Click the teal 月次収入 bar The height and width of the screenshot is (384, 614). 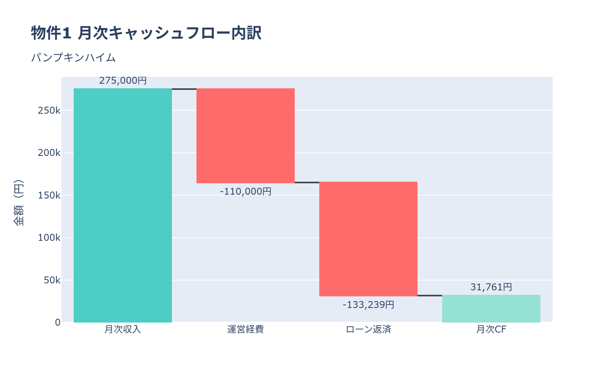123,205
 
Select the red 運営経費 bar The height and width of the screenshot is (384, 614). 246,136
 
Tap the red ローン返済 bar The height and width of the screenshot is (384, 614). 368,239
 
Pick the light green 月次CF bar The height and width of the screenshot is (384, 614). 491,309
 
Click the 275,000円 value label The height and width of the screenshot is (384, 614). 123,81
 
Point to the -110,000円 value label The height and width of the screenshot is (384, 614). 246,191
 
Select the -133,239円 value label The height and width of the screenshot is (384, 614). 368,305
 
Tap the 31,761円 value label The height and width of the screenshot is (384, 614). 491,287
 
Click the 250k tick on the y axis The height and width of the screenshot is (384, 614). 49,111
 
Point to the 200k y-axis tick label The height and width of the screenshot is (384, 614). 49,153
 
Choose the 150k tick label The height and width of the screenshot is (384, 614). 49,195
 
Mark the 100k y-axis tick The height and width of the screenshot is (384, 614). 49,238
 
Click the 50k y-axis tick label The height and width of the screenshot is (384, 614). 52,280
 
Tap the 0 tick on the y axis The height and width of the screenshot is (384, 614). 58,323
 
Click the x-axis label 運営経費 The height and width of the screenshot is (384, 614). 246,329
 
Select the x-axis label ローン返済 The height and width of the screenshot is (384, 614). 368,329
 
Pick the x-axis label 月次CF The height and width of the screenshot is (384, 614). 491,329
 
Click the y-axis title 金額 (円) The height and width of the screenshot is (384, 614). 18,203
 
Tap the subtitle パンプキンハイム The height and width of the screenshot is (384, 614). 73,58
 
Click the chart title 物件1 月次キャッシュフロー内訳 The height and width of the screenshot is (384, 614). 146,33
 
